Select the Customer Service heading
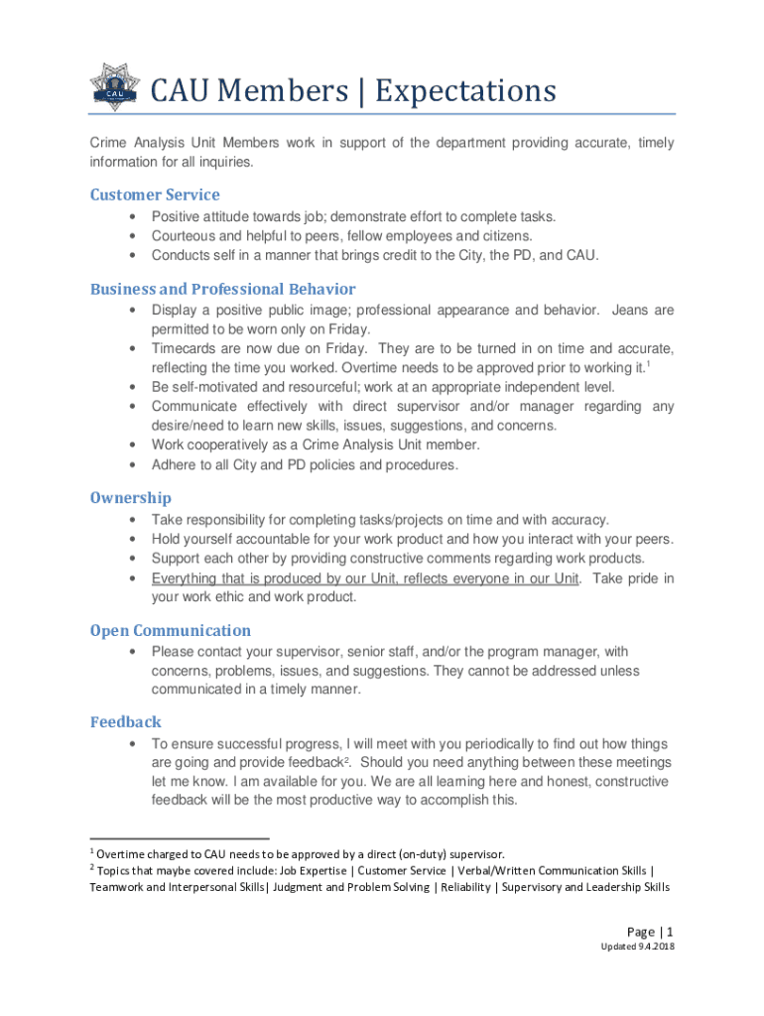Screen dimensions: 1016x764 tap(155, 194)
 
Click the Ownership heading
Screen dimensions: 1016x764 tap(130, 497)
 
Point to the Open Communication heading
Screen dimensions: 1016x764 tap(170, 630)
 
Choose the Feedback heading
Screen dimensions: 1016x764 tap(125, 721)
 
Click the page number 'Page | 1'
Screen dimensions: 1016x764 tap(650, 932)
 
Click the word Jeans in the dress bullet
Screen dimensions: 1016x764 tap(631, 311)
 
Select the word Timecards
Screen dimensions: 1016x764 tap(186, 349)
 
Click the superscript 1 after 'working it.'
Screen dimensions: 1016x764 tap(648, 364)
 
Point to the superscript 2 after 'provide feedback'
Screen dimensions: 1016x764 tap(344, 760)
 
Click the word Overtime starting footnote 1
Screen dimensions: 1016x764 tap(125, 853)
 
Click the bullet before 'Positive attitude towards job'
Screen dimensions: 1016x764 tap(132, 216)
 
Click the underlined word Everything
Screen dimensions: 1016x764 tap(185, 578)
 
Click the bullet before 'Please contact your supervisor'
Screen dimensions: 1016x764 tap(132, 652)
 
